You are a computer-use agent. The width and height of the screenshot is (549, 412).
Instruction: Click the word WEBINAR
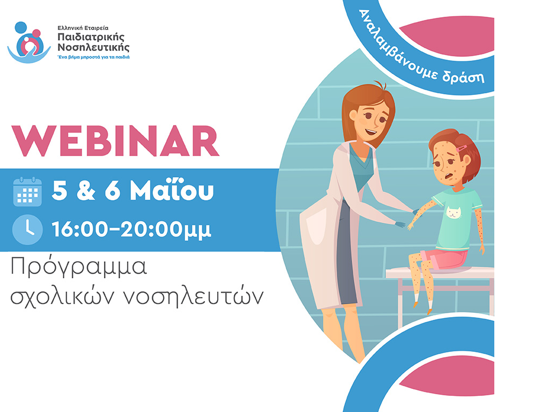tap(116, 141)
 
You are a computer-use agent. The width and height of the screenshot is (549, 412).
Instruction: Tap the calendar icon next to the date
tap(27, 192)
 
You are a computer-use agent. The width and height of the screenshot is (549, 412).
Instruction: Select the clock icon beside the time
tap(27, 230)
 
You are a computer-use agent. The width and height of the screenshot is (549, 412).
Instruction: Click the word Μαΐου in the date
tap(172, 190)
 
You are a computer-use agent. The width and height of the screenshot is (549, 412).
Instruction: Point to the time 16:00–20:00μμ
tap(131, 230)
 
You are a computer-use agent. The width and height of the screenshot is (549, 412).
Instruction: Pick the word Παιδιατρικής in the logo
tap(91, 37)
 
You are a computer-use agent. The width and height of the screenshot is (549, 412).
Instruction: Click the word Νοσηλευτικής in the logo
tap(93, 47)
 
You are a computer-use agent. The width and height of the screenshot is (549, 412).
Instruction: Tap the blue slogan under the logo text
tap(93, 57)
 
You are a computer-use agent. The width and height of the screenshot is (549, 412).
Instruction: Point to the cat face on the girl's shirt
tap(454, 212)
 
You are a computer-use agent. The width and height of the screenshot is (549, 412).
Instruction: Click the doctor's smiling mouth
tap(371, 133)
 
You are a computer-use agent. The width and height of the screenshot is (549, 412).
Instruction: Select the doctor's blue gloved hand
tap(399, 224)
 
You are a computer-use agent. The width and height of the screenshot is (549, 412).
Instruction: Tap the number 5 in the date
tap(60, 190)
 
